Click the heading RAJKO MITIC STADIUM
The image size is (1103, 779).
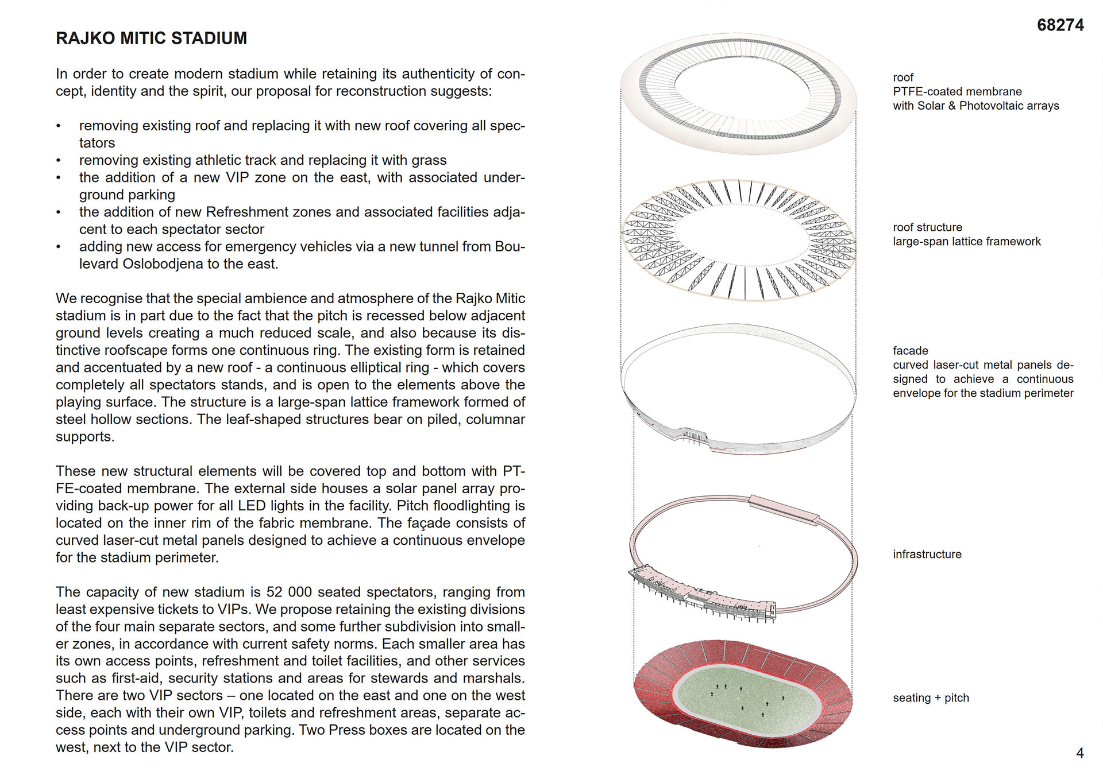pos(151,38)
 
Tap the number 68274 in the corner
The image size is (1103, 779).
pos(1060,25)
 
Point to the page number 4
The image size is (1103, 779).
pos(1079,753)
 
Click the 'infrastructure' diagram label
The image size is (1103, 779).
pos(927,554)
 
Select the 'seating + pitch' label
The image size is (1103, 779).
pos(931,697)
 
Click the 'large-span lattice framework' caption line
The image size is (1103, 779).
pos(966,241)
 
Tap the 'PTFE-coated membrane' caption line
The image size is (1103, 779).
pos(957,91)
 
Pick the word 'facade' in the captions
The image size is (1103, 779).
pos(910,350)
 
